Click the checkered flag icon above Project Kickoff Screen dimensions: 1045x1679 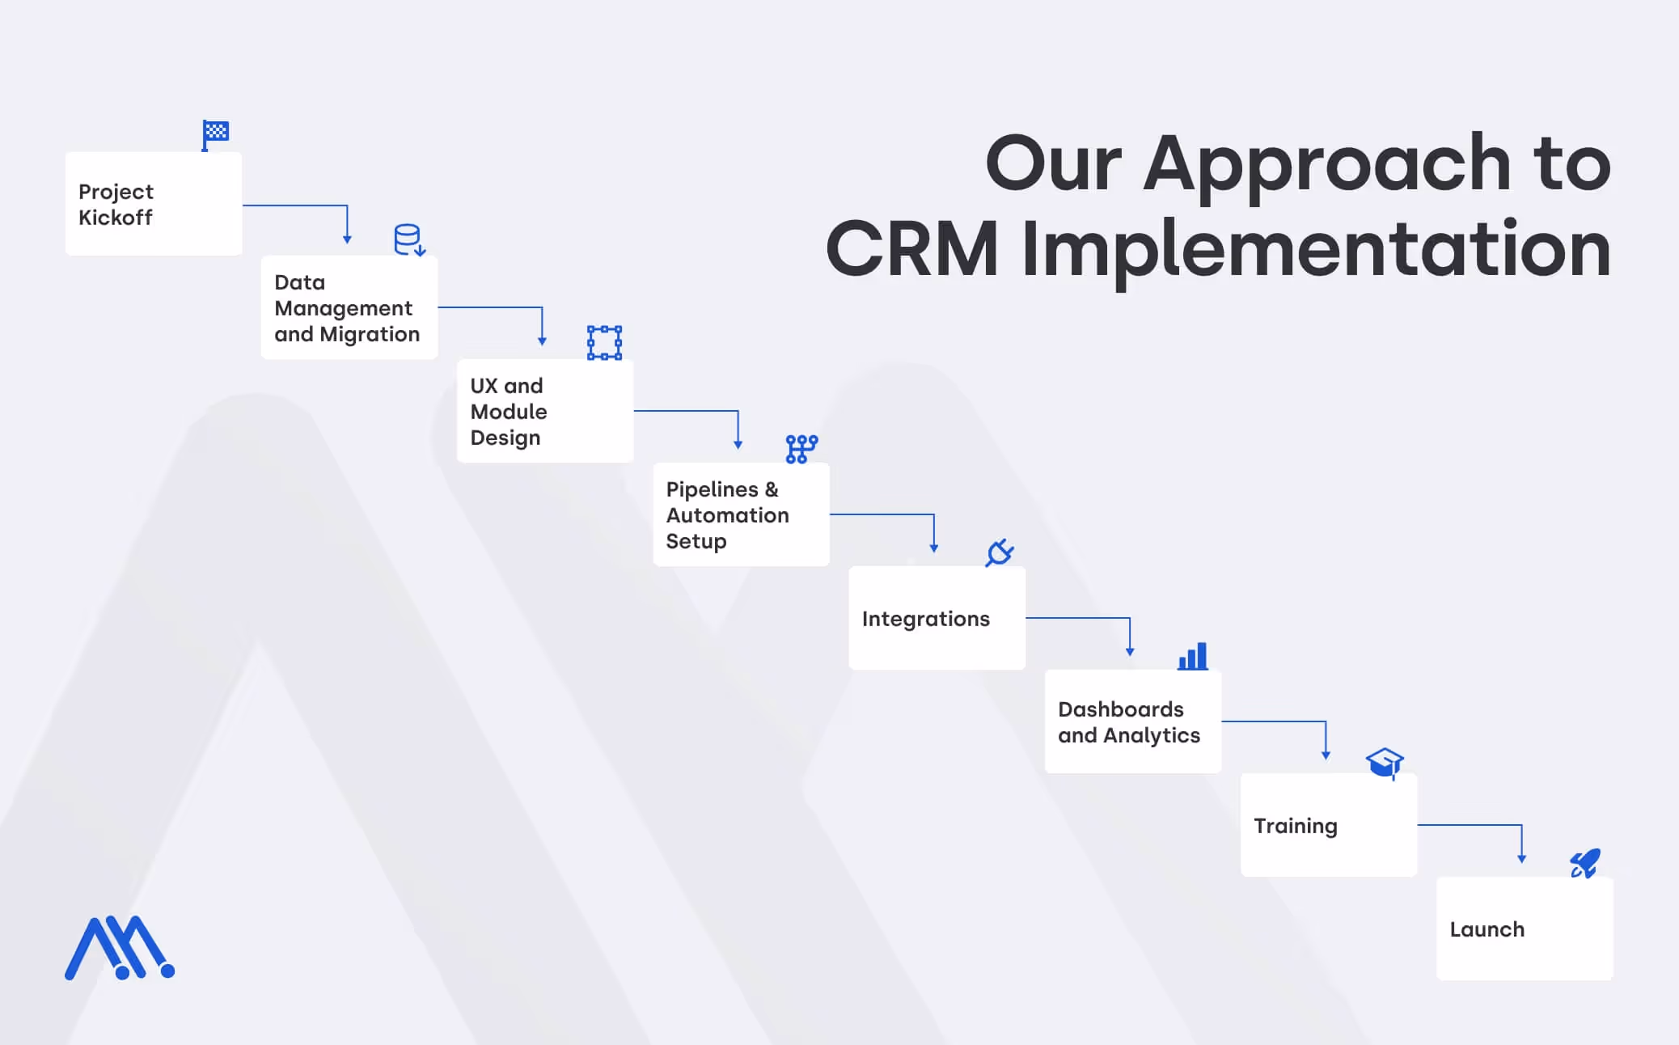click(x=215, y=133)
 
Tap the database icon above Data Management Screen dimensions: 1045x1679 click(x=408, y=239)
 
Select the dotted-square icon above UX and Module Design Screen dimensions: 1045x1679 click(x=604, y=343)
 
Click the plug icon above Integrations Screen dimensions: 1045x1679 click(x=1000, y=552)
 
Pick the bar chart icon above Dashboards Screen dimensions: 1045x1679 click(x=1193, y=656)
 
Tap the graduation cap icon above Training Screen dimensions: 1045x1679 click(x=1385, y=762)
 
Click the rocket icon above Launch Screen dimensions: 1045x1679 click(x=1585, y=863)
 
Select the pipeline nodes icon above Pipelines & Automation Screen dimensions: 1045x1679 click(x=801, y=449)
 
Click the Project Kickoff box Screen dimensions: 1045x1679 click(x=154, y=204)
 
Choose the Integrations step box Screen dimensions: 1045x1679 click(x=937, y=618)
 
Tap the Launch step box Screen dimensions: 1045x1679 click(x=1525, y=929)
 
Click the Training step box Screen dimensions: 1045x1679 click(x=1328, y=825)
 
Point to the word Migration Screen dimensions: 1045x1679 click(x=370, y=334)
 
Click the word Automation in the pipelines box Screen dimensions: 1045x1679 click(x=727, y=515)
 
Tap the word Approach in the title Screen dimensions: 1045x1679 click(x=1326, y=163)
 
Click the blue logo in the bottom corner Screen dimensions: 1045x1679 click(x=120, y=948)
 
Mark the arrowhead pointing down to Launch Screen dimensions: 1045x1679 click(x=1521, y=858)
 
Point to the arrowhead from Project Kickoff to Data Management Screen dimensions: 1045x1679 click(x=347, y=239)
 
